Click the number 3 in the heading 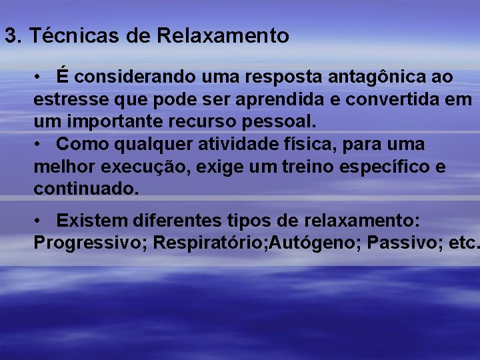(x=10, y=36)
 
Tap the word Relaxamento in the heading (x=223, y=36)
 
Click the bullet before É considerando (x=40, y=77)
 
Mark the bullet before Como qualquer (x=40, y=145)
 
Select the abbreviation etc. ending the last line (x=463, y=243)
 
